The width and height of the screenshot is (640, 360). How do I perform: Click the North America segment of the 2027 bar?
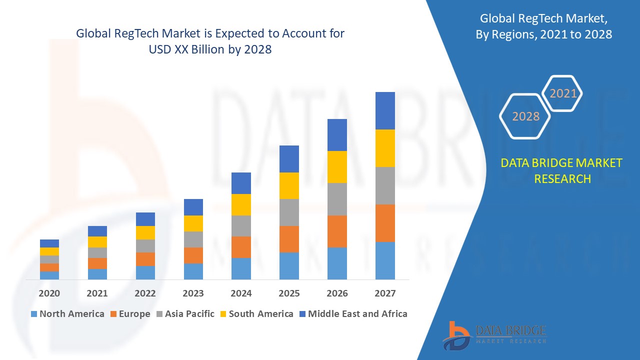point(385,260)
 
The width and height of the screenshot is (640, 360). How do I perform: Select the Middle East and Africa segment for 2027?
point(385,110)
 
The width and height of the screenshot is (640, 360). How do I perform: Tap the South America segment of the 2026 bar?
point(337,167)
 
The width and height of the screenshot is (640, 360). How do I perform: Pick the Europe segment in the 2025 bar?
point(289,239)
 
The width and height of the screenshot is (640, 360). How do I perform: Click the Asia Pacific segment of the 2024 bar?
point(241,226)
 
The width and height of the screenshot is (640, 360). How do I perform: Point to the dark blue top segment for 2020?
point(49,243)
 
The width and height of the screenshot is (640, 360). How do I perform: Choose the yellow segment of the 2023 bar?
point(193,223)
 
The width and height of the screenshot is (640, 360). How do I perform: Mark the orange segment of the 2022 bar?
point(145,259)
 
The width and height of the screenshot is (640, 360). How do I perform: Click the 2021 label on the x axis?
point(97,293)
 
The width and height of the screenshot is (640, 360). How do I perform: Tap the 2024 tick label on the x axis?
point(241,293)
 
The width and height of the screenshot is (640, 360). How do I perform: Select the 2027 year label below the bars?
point(385,293)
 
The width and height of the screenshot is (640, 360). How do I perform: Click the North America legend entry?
point(67,314)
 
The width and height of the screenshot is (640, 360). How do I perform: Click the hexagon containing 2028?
point(525,116)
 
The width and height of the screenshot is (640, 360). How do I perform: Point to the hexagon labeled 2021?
point(563,93)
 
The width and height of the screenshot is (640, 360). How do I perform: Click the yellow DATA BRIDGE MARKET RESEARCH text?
point(562,170)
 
